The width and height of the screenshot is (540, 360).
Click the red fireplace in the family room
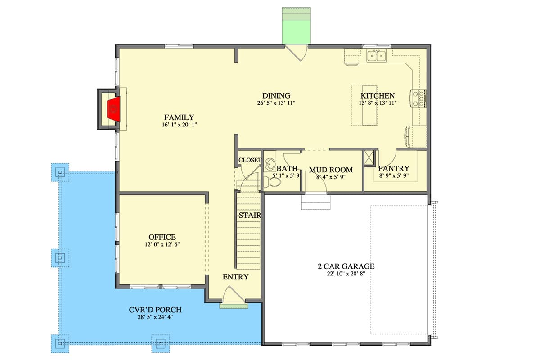[x=113, y=110]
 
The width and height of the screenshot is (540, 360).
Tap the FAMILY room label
[x=179, y=117]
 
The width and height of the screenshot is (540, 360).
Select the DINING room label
[x=276, y=95]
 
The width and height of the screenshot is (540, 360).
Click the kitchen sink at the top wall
[x=376, y=56]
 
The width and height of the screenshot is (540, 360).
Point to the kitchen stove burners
[x=417, y=98]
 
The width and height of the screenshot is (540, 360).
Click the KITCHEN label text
[x=378, y=95]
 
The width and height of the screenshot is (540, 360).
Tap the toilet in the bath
[x=273, y=182]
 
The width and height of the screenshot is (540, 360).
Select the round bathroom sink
[x=270, y=163]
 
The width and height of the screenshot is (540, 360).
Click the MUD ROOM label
[x=330, y=170]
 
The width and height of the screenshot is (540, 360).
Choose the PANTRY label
[x=394, y=169]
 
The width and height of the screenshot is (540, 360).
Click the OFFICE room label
[x=162, y=237]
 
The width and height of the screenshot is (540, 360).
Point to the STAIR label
[x=250, y=216]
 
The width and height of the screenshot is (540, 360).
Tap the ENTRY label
[x=235, y=277]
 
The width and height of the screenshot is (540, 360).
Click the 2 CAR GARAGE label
[x=346, y=266]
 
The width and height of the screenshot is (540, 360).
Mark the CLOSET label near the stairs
[x=250, y=160]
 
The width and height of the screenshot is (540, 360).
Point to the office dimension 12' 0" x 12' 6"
[x=162, y=245]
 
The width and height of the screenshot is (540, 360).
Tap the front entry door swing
[x=234, y=296]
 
